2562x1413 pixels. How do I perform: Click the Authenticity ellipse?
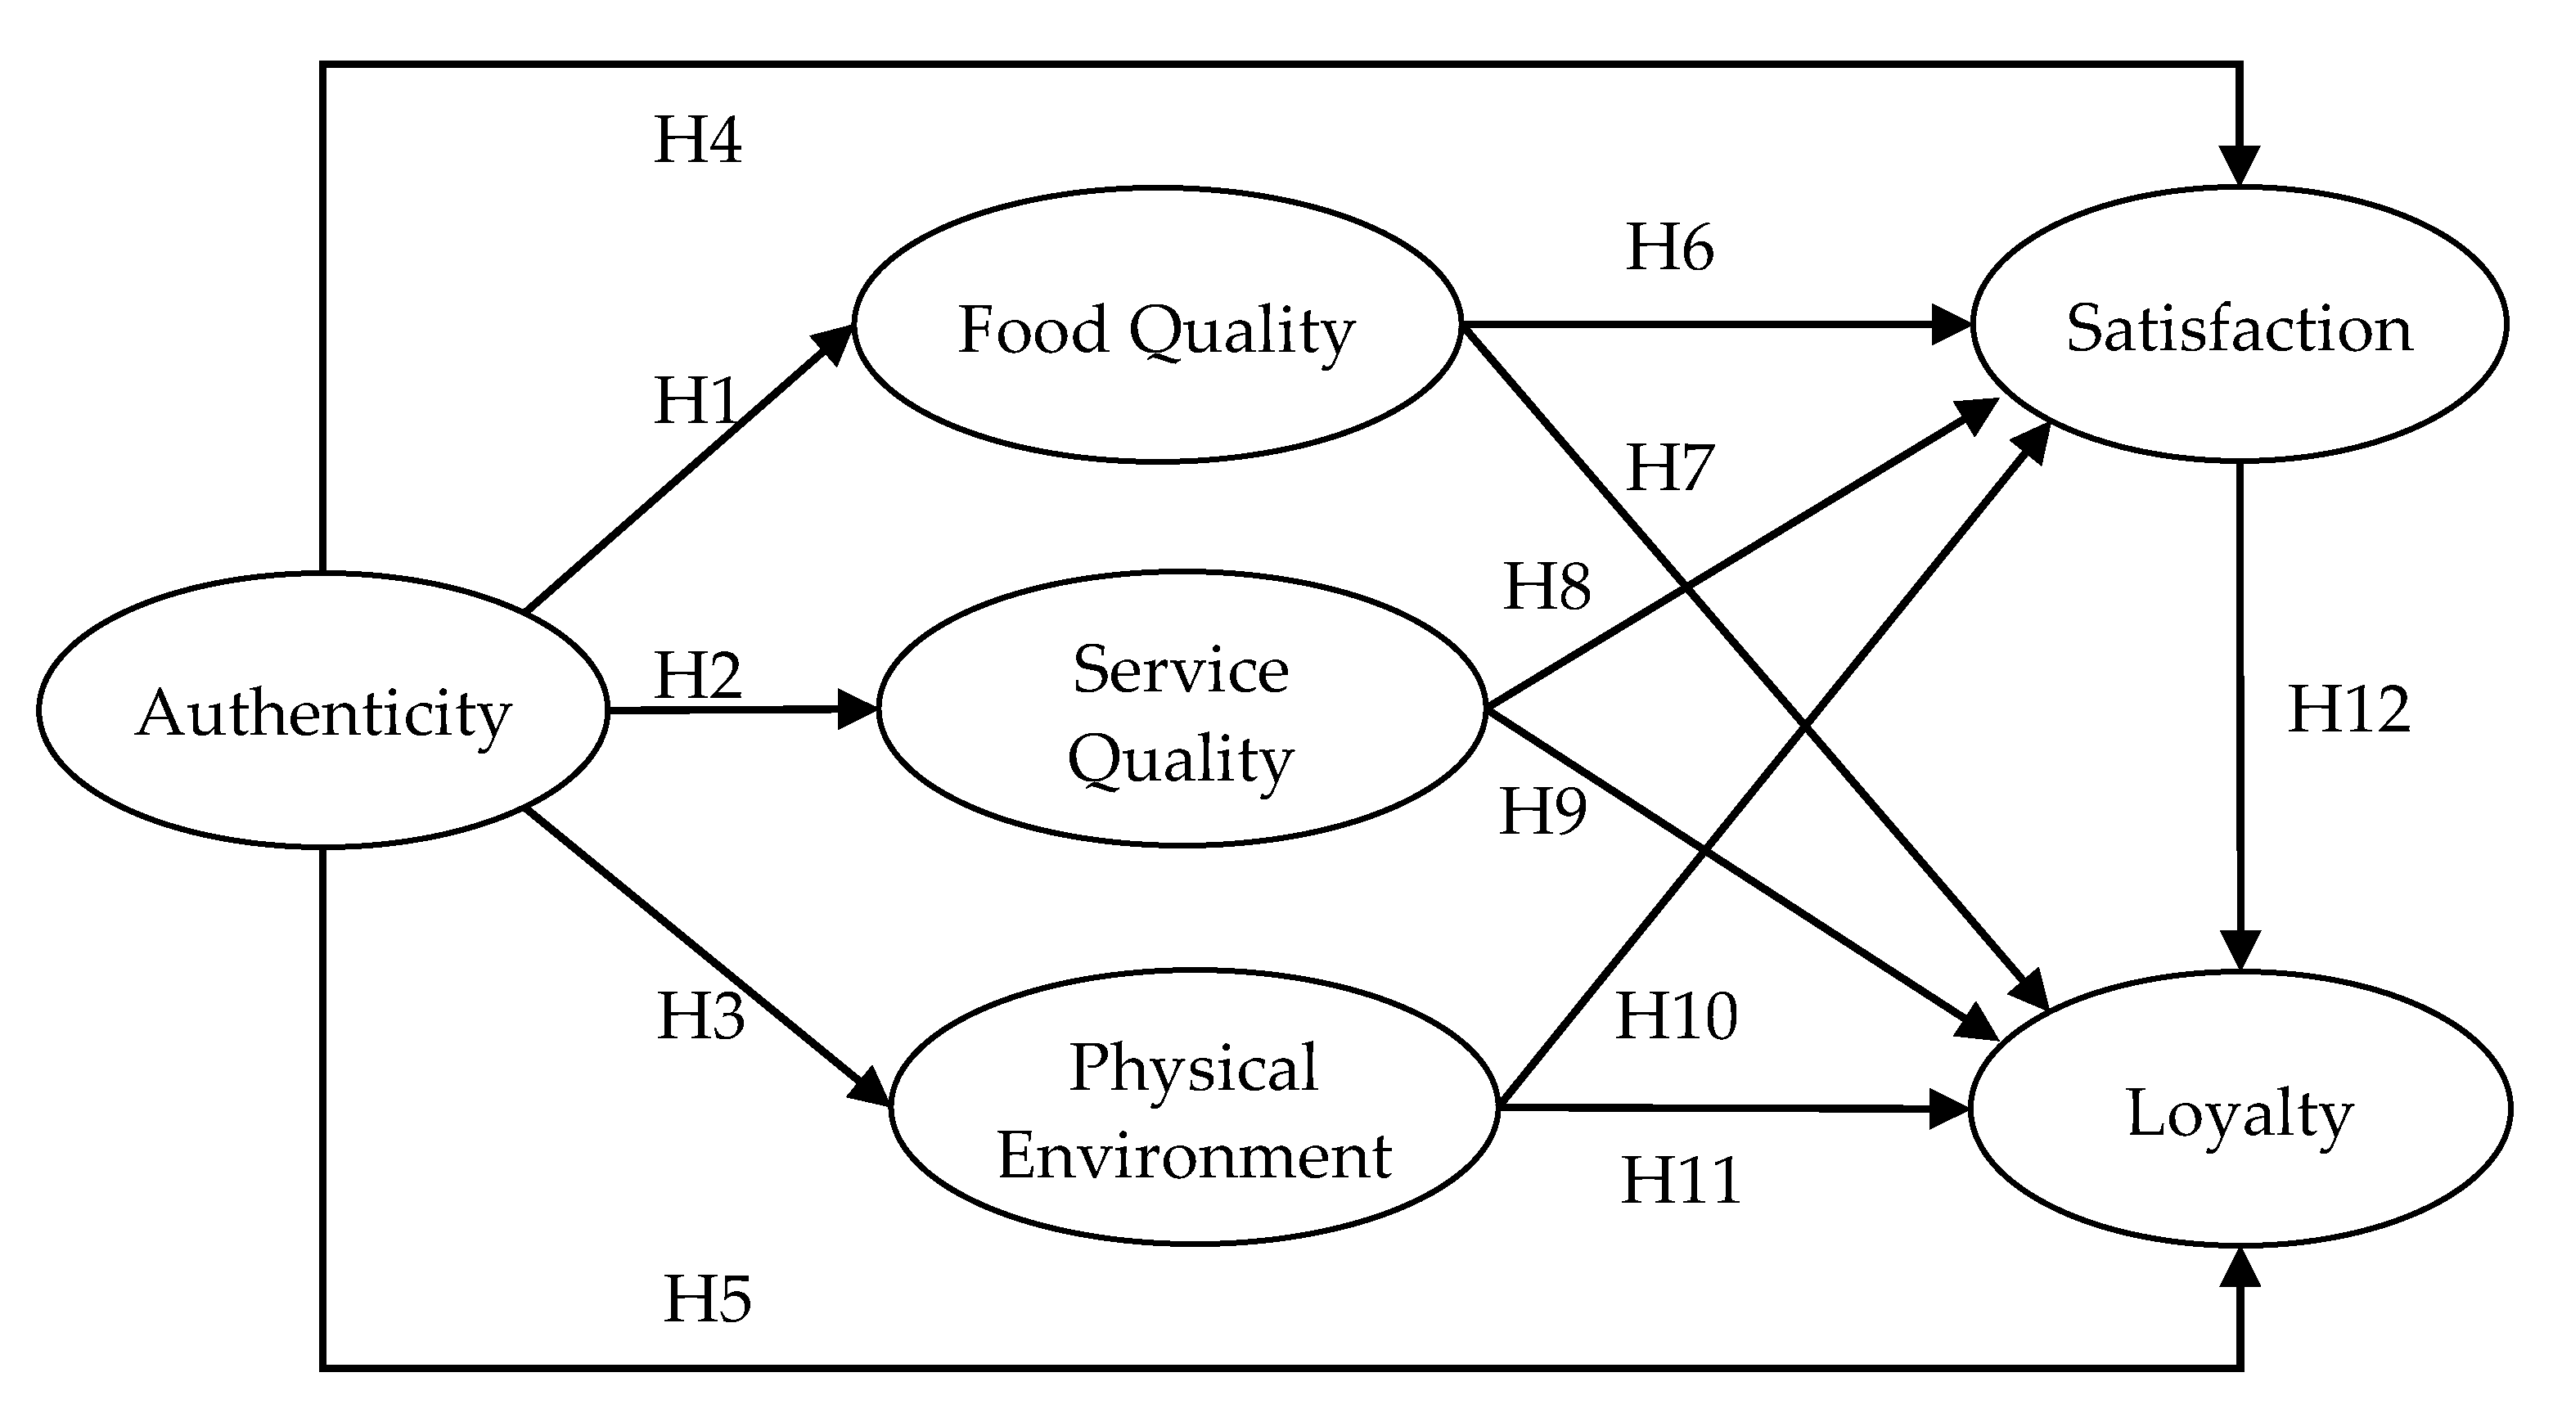pyautogui.click(x=323, y=711)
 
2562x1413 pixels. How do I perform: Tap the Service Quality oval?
pyautogui.click(x=1182, y=710)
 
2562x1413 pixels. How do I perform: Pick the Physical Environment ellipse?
pyautogui.click(x=1194, y=1107)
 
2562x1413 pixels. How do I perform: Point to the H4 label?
pyautogui.click(x=697, y=139)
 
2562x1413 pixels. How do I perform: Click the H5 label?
pyautogui.click(x=707, y=1298)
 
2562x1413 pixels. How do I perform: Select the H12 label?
pyautogui.click(x=2349, y=709)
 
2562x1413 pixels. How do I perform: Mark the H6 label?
pyautogui.click(x=1669, y=245)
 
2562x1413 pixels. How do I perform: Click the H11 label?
pyautogui.click(x=1681, y=1179)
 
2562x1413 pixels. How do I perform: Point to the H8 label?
pyautogui.click(x=1547, y=585)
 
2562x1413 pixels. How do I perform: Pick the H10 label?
pyautogui.click(x=1677, y=1015)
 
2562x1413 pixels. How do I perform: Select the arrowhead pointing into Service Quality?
pyautogui.click(x=858, y=709)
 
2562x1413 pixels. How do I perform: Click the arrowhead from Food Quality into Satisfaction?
pyautogui.click(x=1949, y=324)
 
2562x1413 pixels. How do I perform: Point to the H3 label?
pyautogui.click(x=700, y=1015)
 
